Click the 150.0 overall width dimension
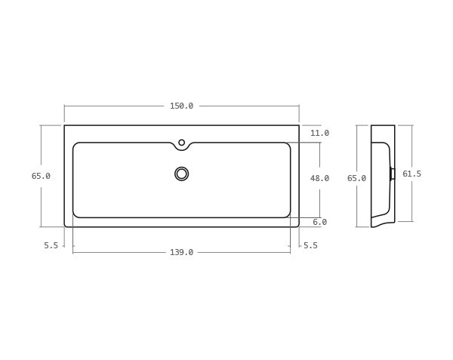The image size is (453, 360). [x=181, y=106]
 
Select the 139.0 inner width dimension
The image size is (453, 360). [x=181, y=252]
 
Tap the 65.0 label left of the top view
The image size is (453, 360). [x=41, y=176]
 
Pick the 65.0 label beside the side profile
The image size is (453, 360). [x=356, y=178]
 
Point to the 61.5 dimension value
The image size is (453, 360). [x=411, y=174]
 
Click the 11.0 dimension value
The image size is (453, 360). [x=319, y=133]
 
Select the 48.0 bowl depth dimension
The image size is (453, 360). [x=319, y=178]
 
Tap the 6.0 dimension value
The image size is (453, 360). [x=319, y=222]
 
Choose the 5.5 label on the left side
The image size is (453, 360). [x=51, y=245]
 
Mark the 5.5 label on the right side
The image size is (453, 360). [x=310, y=245]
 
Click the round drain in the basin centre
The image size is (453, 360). [x=181, y=174]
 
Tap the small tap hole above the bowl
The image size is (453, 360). [x=181, y=142]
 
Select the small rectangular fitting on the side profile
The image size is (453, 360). [x=392, y=174]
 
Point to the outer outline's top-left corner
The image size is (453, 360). [x=65, y=126]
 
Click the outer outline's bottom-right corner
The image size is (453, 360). [x=298, y=226]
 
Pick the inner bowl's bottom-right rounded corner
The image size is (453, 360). [x=288, y=215]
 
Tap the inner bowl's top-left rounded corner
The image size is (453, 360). [x=75, y=145]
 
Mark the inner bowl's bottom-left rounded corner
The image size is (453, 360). [x=75, y=215]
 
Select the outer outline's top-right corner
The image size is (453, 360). [x=298, y=126]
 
